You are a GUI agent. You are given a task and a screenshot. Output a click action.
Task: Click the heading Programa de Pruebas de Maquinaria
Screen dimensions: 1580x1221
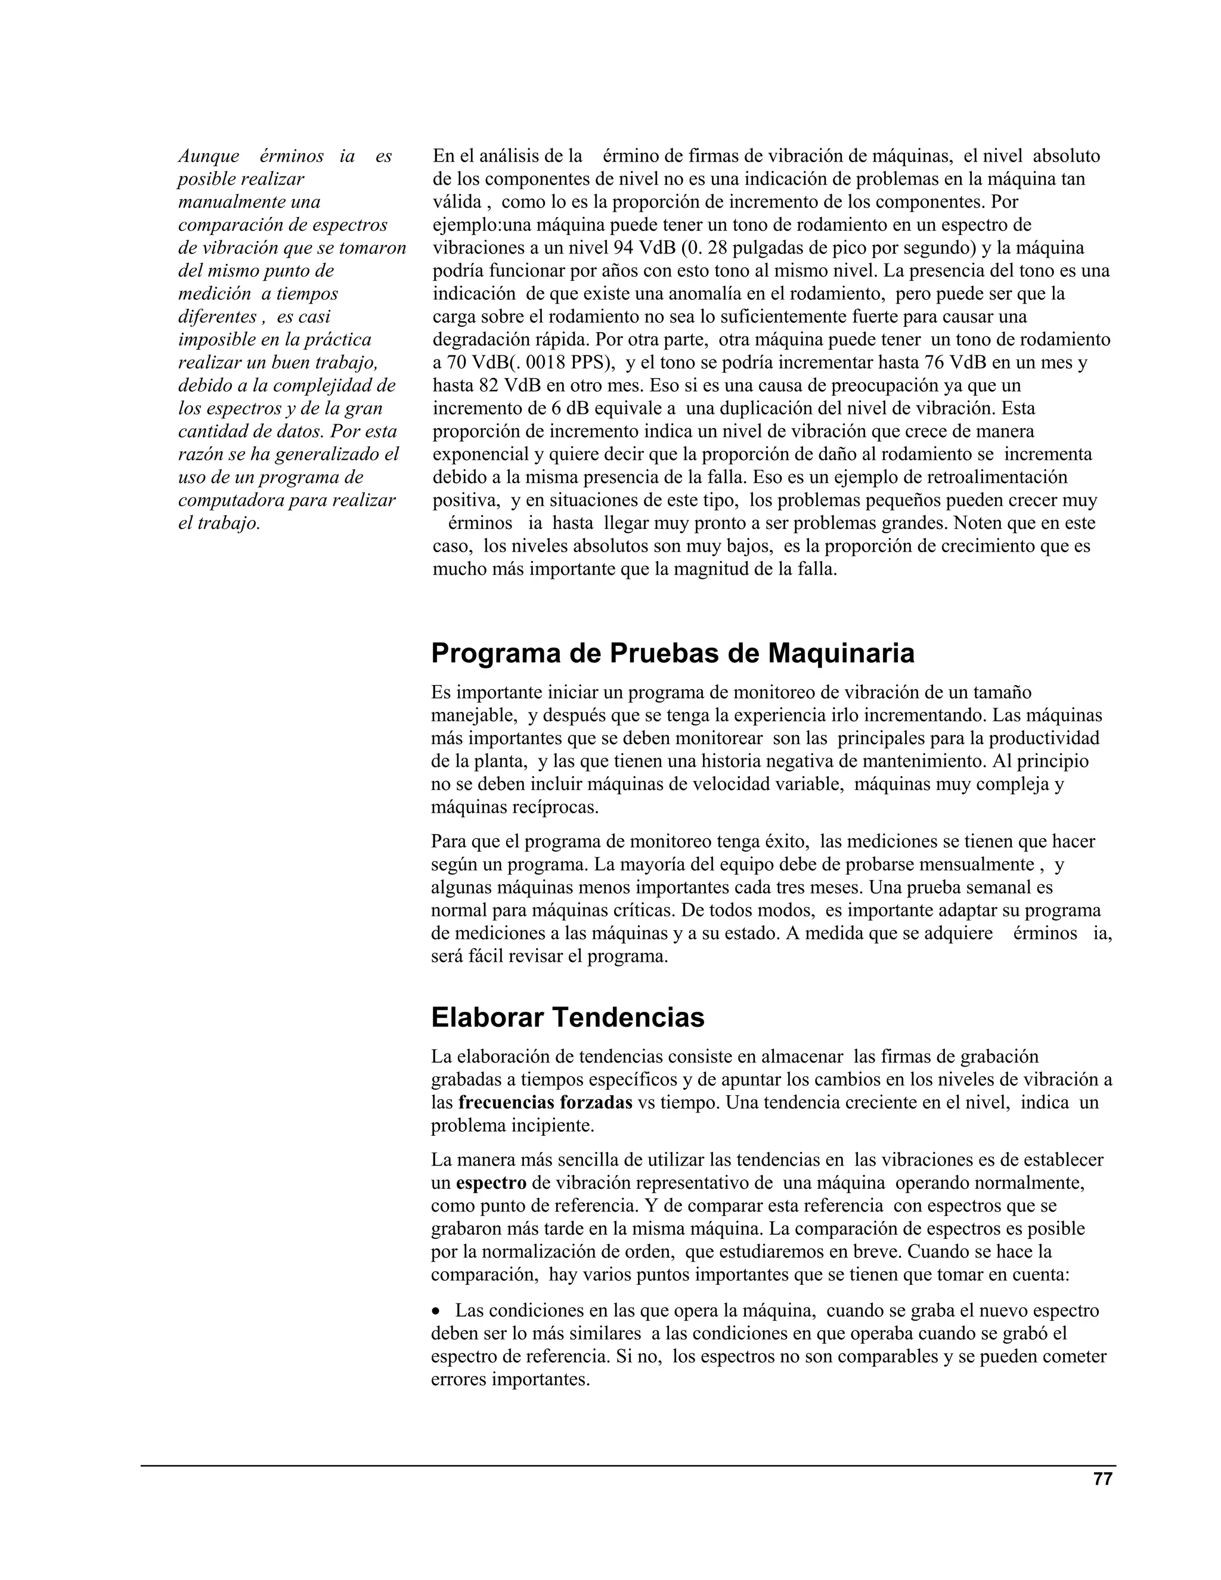coord(673,653)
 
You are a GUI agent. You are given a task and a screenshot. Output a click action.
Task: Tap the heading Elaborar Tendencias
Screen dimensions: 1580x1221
coord(568,1017)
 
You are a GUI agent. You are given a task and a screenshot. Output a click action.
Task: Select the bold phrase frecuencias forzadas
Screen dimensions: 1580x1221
coord(546,1102)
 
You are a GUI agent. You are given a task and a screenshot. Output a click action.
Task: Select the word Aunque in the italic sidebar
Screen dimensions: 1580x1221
coord(208,156)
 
